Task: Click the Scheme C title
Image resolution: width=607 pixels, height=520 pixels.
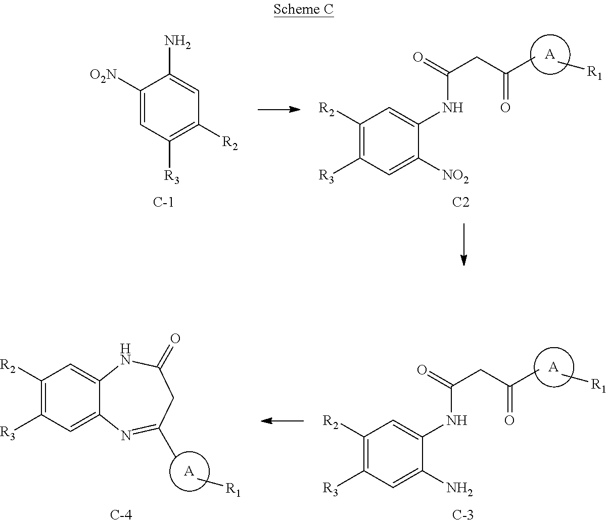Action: (304, 10)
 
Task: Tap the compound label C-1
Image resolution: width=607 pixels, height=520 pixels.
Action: (163, 202)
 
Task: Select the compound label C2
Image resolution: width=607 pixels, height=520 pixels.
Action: (460, 202)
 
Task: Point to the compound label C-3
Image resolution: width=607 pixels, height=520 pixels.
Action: (463, 514)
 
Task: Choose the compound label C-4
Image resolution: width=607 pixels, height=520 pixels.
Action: (121, 514)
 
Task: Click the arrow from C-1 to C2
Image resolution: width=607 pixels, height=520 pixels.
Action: (279, 110)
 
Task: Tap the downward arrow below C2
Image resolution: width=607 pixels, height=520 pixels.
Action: (463, 244)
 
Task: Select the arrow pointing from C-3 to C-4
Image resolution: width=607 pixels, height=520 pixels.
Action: (282, 421)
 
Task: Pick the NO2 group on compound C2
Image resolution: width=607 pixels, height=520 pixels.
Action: (455, 176)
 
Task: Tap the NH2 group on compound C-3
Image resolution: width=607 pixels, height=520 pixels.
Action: (459, 489)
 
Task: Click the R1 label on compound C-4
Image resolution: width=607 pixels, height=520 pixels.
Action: (233, 490)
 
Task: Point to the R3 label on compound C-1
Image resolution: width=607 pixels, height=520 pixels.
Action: (171, 176)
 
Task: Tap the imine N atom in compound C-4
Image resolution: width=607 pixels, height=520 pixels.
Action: (126, 436)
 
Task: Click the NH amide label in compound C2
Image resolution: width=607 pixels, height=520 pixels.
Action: (452, 108)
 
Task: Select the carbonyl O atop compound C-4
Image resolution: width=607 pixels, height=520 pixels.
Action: (175, 339)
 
